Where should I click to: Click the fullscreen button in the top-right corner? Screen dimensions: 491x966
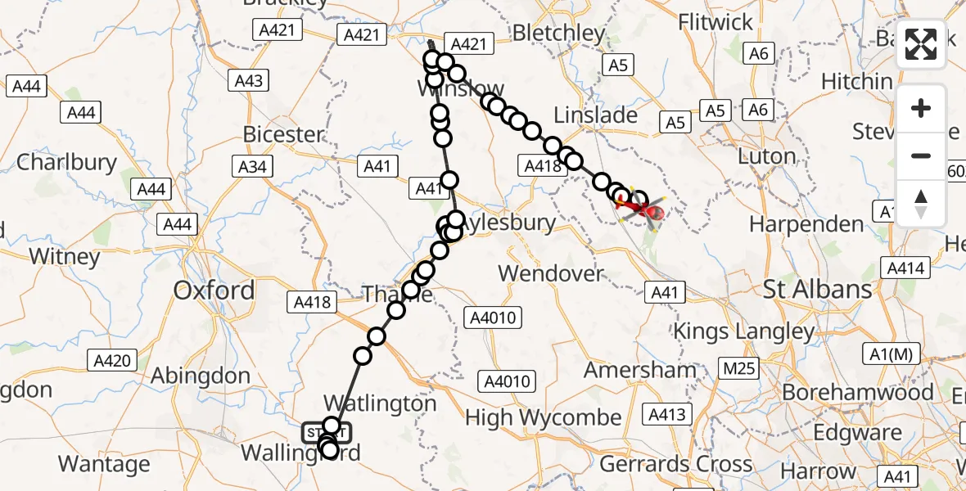[921, 45]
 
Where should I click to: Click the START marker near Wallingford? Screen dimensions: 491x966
[327, 432]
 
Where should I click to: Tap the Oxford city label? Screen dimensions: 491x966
[213, 291]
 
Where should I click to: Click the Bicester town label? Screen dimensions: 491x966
[283, 134]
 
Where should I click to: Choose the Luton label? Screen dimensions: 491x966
[766, 156]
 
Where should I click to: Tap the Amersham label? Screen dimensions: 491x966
[640, 370]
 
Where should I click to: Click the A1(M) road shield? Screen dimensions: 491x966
[893, 354]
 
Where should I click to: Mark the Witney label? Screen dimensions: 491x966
[64, 256]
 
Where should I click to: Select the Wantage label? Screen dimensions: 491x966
[104, 464]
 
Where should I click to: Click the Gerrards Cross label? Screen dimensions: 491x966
[676, 464]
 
